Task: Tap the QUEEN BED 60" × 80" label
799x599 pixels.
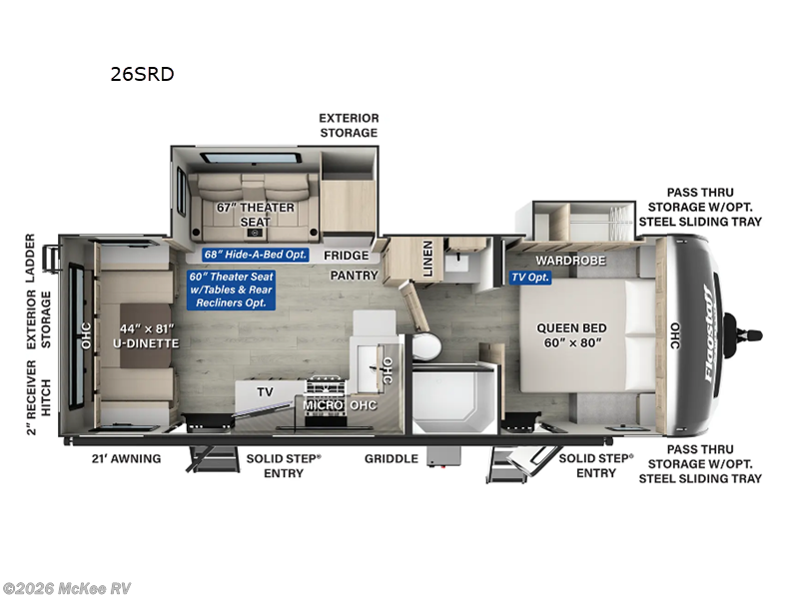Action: click(x=571, y=335)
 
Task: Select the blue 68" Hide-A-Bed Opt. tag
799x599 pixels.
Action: click(x=255, y=255)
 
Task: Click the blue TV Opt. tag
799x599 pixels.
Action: click(x=530, y=277)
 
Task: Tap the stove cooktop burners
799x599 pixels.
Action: click(x=324, y=386)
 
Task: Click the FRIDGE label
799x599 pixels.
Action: click(x=346, y=256)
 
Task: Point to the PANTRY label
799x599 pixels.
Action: click(x=355, y=276)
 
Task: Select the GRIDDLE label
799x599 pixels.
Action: click(x=391, y=459)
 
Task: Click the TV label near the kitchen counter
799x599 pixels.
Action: click(x=264, y=392)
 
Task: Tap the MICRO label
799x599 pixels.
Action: click(x=325, y=406)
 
